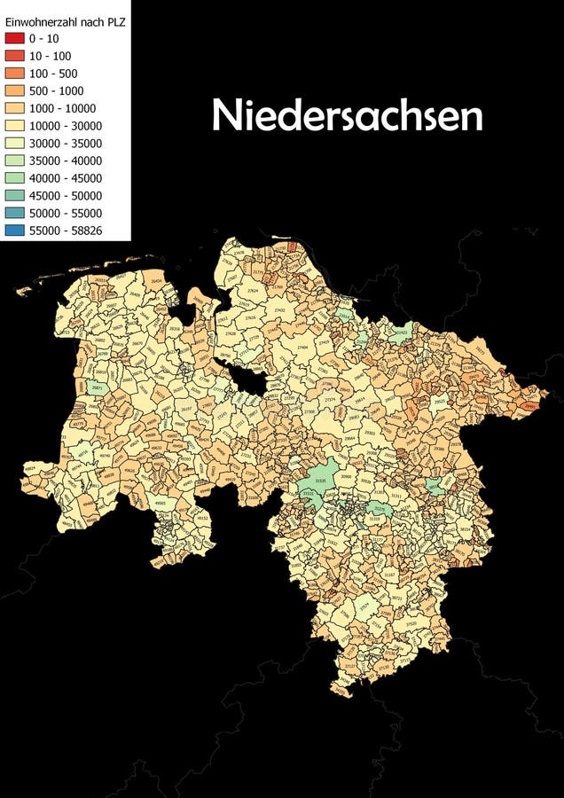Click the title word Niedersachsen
(x=347, y=116)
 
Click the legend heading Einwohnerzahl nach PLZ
(x=65, y=21)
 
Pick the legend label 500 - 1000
(x=54, y=90)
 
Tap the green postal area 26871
(x=97, y=389)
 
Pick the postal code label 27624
(x=253, y=290)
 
